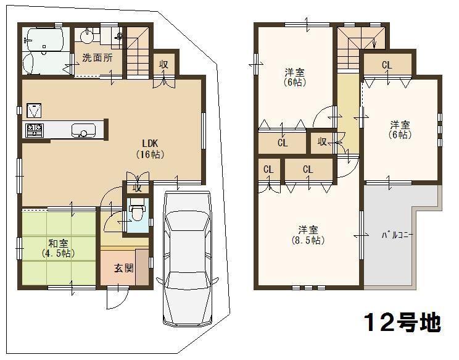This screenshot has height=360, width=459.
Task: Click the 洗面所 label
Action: pyautogui.click(x=97, y=59)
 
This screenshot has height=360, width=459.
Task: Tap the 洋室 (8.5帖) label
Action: pyautogui.click(x=308, y=235)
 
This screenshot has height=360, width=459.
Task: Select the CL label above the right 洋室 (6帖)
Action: pyautogui.click(x=386, y=65)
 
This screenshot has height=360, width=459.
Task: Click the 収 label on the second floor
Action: pyautogui.click(x=322, y=142)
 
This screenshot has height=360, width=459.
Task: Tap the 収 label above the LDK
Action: pyautogui.click(x=163, y=64)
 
